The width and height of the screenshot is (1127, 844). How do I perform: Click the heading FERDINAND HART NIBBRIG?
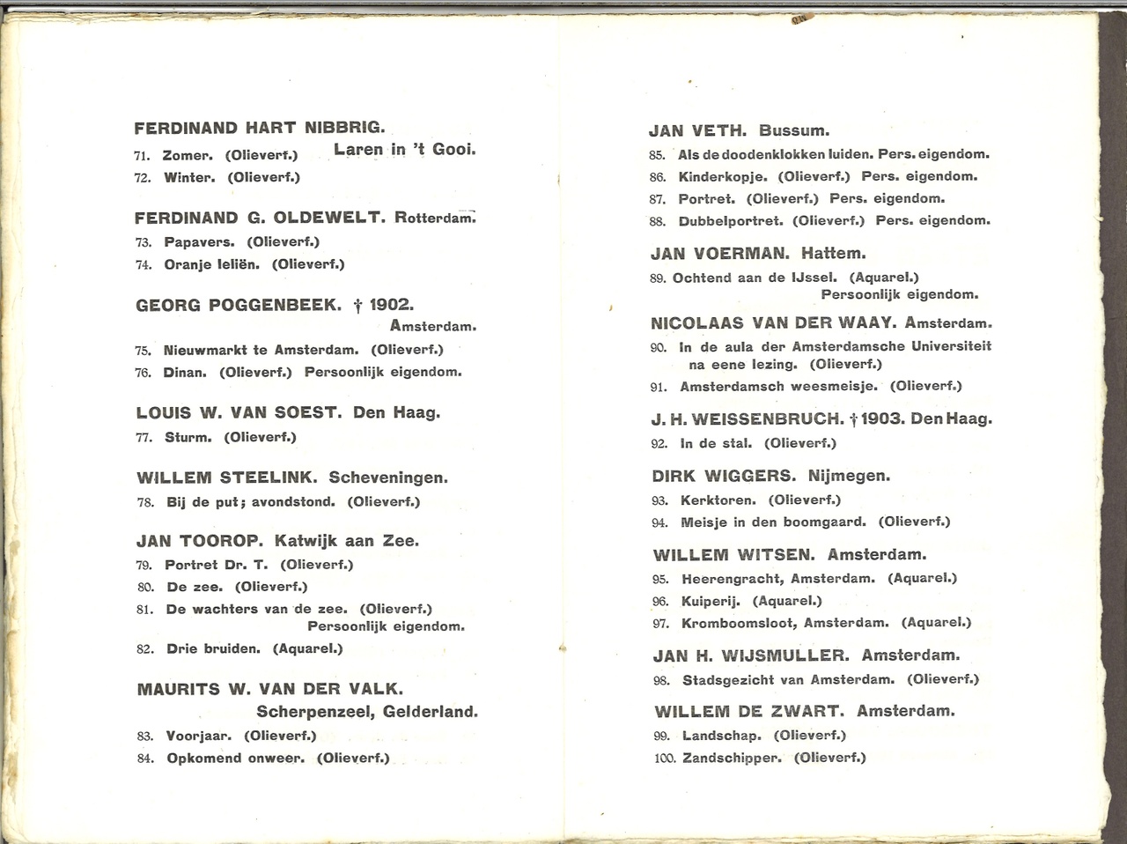(x=260, y=128)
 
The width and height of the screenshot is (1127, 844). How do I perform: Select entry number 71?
(x=144, y=156)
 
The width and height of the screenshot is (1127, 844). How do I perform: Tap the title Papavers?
(x=200, y=241)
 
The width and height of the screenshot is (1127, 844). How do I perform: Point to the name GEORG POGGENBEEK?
(x=239, y=306)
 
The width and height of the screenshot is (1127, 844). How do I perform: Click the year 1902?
(x=391, y=305)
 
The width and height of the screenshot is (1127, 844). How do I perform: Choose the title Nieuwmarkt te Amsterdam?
(x=261, y=350)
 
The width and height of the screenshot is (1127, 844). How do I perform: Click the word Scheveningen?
(x=388, y=478)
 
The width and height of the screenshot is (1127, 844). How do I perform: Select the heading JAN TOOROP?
(x=201, y=541)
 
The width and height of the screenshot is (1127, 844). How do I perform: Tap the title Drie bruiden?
(x=213, y=648)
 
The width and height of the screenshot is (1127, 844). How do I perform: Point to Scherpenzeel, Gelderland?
(x=367, y=711)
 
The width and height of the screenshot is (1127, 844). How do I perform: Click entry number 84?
(x=145, y=759)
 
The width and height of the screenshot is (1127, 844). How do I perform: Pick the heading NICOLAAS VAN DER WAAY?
(x=773, y=323)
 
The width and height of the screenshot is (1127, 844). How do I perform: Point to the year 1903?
(x=883, y=419)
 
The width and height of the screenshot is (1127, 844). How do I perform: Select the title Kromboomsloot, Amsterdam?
(x=785, y=623)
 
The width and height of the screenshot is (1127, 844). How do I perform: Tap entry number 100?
(x=666, y=759)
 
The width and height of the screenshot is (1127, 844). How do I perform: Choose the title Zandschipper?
(x=732, y=758)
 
